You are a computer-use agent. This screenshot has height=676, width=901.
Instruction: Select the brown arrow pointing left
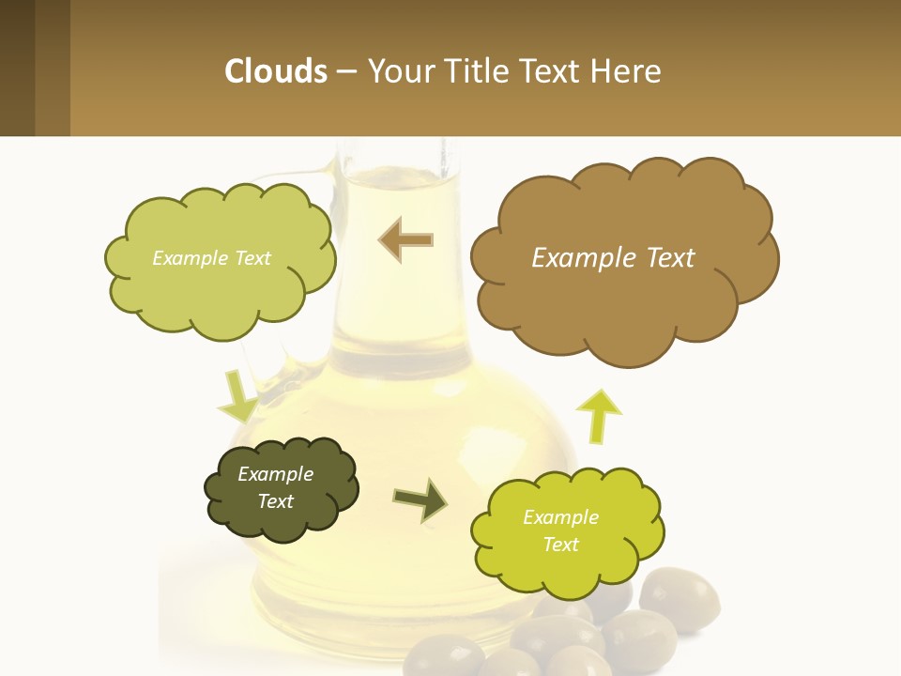point(405,239)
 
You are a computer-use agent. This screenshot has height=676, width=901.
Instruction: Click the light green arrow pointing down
point(237,397)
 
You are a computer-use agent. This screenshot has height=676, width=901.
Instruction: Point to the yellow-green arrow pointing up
point(598,415)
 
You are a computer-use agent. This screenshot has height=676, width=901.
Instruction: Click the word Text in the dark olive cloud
point(276,501)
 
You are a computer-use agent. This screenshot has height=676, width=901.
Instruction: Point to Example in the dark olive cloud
point(275,474)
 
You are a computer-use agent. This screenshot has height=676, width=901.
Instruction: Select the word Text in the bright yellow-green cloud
point(560,545)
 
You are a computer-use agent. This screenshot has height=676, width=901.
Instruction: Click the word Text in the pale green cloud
point(251,258)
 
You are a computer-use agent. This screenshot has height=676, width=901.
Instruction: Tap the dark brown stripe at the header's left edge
point(17,68)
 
